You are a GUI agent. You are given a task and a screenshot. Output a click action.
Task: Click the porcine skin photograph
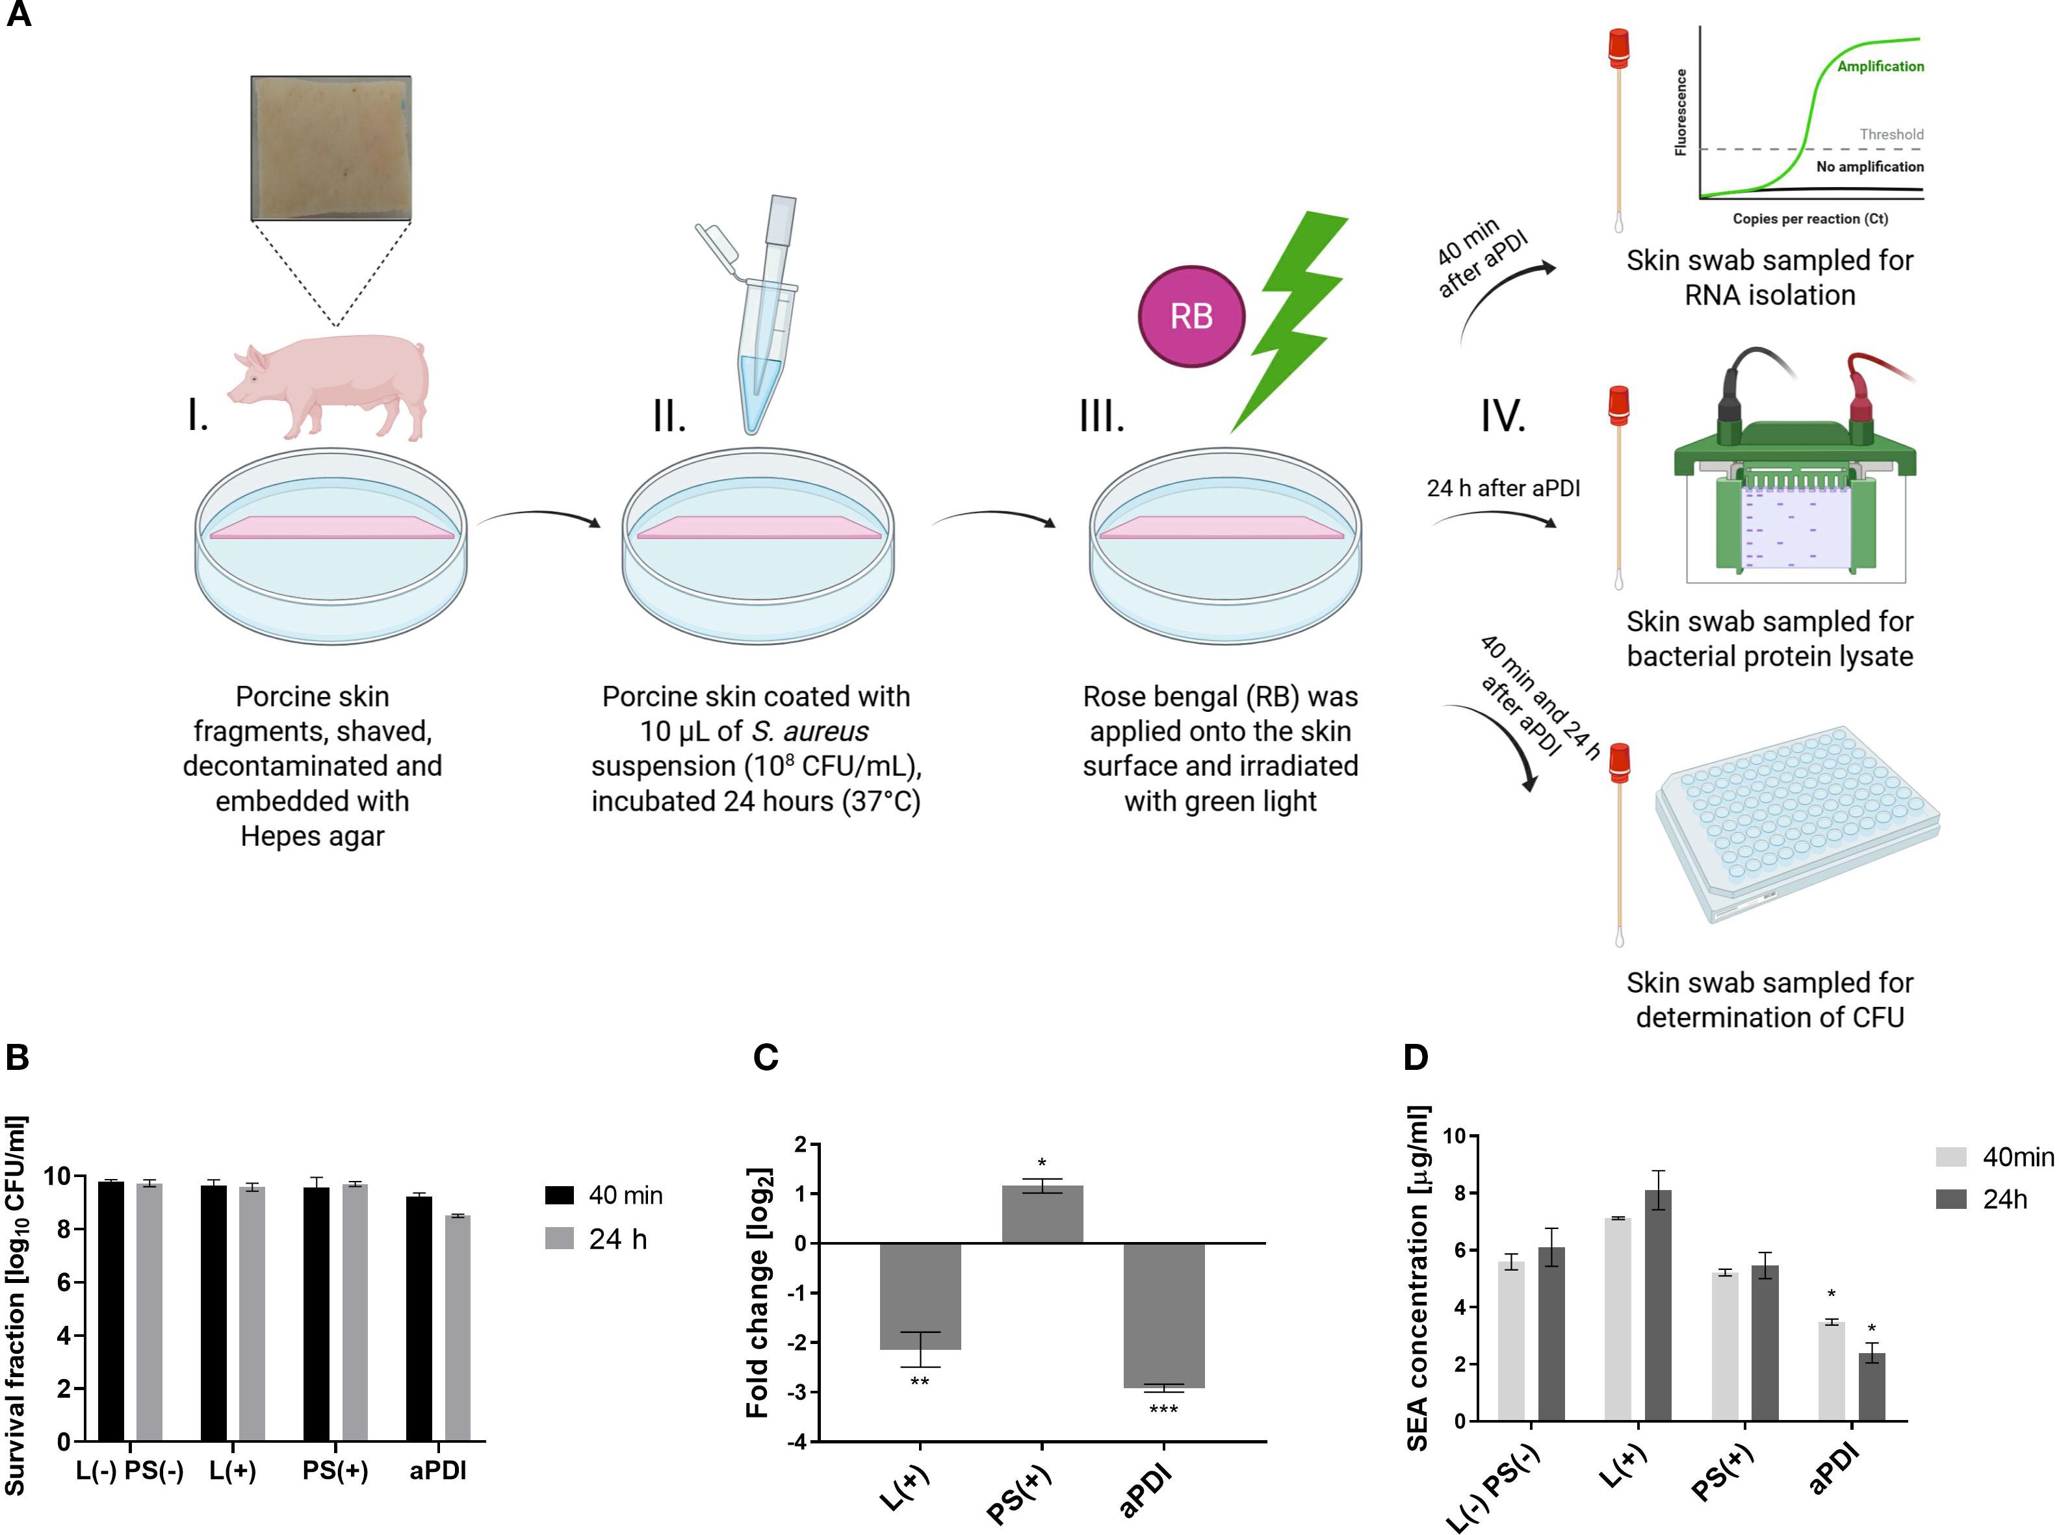[331, 147]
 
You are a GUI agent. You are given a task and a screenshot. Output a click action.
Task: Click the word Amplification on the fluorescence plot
[1880, 67]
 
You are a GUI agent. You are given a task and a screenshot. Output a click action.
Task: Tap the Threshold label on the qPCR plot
[1891, 134]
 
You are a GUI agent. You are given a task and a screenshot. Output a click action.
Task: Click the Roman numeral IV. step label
[1503, 416]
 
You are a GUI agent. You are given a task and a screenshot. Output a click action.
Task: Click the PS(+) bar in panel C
[1041, 1215]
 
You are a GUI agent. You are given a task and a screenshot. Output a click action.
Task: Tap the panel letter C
[765, 1058]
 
